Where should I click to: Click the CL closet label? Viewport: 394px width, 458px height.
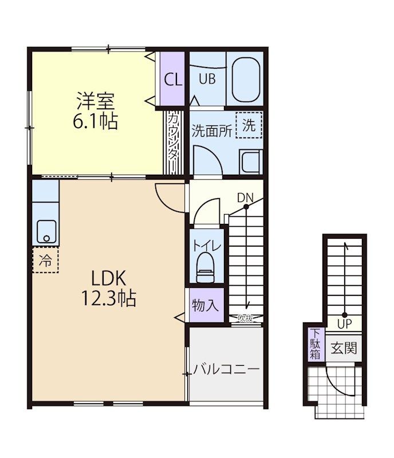pyautogui.click(x=173, y=79)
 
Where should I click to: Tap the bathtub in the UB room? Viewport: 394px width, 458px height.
pyautogui.click(x=246, y=79)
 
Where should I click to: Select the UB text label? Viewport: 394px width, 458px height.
pyautogui.click(x=207, y=79)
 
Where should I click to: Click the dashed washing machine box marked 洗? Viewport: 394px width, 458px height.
pyautogui.click(x=249, y=125)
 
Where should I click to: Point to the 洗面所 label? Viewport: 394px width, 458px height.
pyautogui.click(x=212, y=131)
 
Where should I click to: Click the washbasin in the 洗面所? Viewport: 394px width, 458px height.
pyautogui.click(x=251, y=161)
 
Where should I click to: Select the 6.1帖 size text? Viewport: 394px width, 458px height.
pyautogui.click(x=95, y=121)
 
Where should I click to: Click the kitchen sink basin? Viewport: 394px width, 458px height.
pyautogui.click(x=46, y=231)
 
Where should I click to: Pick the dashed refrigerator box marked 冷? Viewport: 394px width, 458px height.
pyautogui.click(x=46, y=260)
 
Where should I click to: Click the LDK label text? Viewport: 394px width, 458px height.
pyautogui.click(x=109, y=278)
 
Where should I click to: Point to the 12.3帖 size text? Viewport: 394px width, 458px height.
pyautogui.click(x=109, y=298)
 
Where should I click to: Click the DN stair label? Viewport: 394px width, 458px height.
pyautogui.click(x=245, y=198)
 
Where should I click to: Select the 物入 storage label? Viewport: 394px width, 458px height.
pyautogui.click(x=205, y=306)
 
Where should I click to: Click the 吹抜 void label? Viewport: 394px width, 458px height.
pyautogui.click(x=245, y=318)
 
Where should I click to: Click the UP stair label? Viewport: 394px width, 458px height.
pyautogui.click(x=345, y=324)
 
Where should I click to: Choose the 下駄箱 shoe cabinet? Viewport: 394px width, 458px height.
pyautogui.click(x=316, y=344)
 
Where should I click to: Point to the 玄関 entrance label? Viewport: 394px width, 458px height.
pyautogui.click(x=344, y=348)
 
